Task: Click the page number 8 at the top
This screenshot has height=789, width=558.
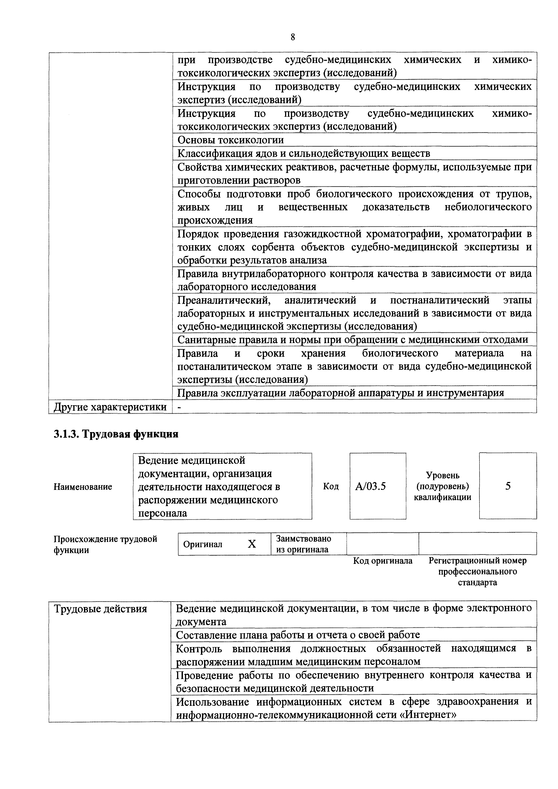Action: click(x=292, y=37)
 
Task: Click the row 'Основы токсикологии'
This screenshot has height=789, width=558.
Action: click(x=231, y=140)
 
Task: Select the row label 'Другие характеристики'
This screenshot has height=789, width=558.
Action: click(x=110, y=407)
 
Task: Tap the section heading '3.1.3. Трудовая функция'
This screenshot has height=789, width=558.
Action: click(x=116, y=434)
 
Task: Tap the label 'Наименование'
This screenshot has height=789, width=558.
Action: click(x=83, y=486)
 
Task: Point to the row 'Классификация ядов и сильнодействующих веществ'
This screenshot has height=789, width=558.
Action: click(x=304, y=153)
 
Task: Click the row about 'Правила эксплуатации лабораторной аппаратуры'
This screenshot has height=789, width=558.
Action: click(x=340, y=393)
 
